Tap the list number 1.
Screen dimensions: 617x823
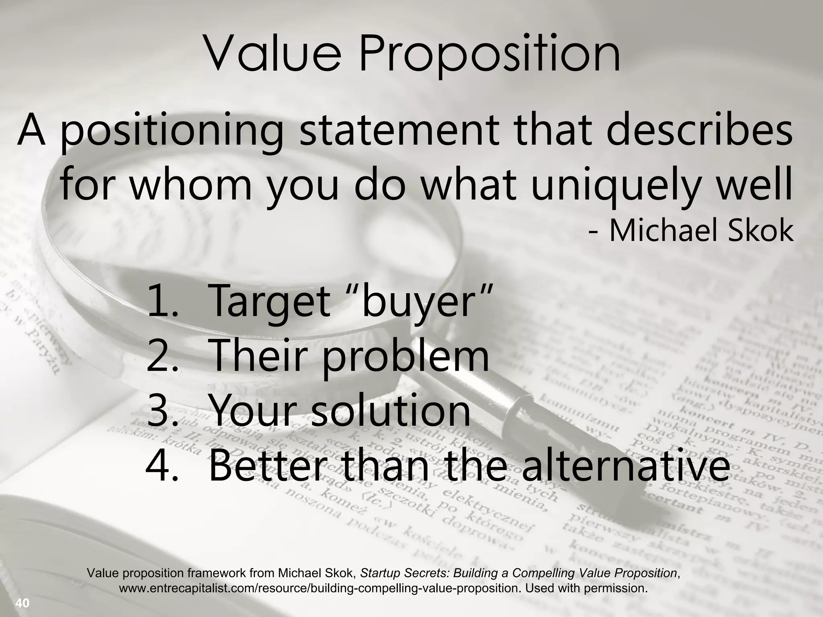click(x=161, y=300)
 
